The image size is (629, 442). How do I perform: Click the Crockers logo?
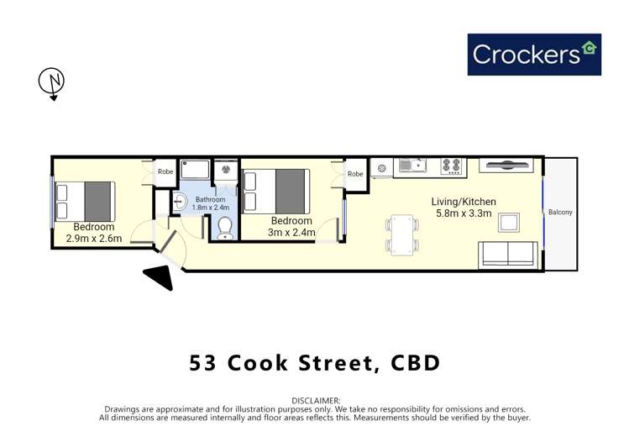[534, 55]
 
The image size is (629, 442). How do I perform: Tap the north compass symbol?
[51, 82]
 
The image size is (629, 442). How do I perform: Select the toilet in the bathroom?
[224, 228]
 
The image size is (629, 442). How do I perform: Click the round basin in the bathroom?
[179, 202]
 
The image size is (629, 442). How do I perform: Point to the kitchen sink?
[411, 166]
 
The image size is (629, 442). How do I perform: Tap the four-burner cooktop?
[452, 166]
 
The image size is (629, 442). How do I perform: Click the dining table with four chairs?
[401, 234]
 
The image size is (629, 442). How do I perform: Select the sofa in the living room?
[507, 255]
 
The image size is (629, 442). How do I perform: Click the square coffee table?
[508, 222]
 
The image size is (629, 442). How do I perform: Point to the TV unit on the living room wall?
[506, 165]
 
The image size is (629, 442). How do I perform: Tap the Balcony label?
[560, 213]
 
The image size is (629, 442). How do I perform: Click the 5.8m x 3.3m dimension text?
[464, 214]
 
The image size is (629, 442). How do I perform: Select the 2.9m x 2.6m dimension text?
[94, 239]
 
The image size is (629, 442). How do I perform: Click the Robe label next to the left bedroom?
[165, 171]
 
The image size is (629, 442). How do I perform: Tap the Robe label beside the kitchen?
[355, 174]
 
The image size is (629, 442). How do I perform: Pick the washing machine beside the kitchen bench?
[381, 168]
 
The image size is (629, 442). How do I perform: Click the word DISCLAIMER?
[315, 401]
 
